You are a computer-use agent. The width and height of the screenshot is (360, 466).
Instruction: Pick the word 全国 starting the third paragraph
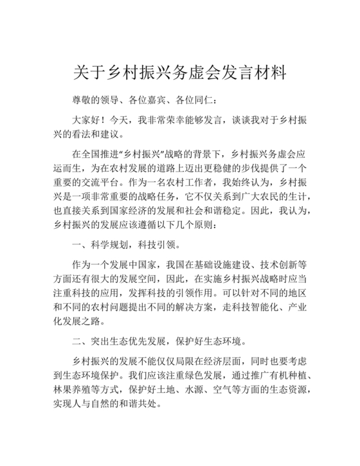point(93,154)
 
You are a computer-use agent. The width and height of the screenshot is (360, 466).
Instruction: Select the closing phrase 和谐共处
point(137,404)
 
